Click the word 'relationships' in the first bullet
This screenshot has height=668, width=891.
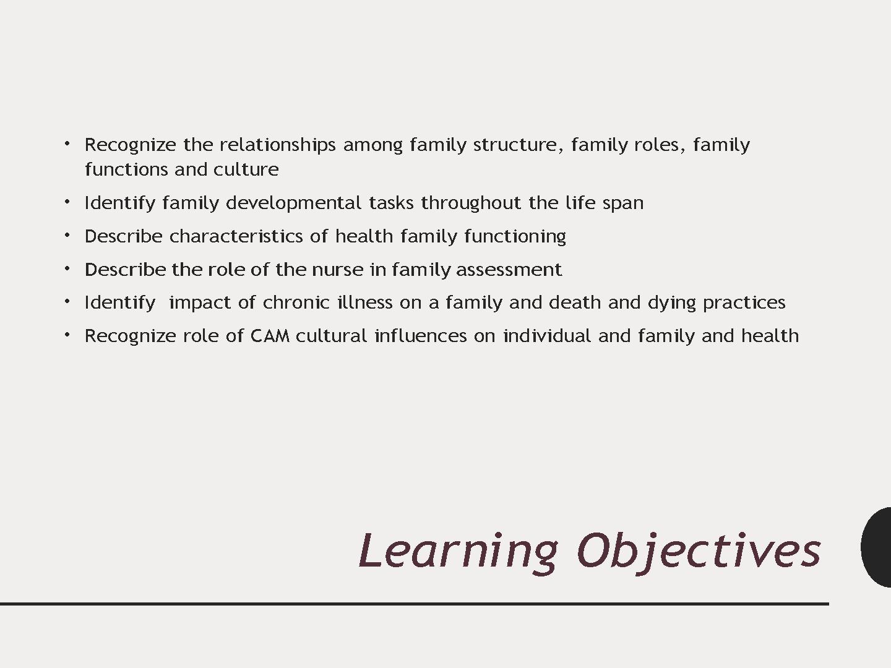click(278, 145)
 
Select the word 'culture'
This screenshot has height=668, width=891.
click(246, 169)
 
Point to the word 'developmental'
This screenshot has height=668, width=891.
click(293, 203)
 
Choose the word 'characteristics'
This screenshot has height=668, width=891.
click(236, 236)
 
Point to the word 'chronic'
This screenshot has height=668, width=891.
click(296, 302)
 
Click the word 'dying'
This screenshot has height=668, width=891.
click(672, 303)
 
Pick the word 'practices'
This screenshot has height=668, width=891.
click(744, 303)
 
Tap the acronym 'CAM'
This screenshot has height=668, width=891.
click(270, 336)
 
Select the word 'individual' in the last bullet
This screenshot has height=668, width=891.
click(547, 336)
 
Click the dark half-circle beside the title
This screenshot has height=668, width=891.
click(876, 547)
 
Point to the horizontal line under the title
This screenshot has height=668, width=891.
click(415, 604)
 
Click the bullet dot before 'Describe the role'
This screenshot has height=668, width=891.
click(67, 268)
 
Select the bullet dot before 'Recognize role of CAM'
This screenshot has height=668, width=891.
click(67, 335)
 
